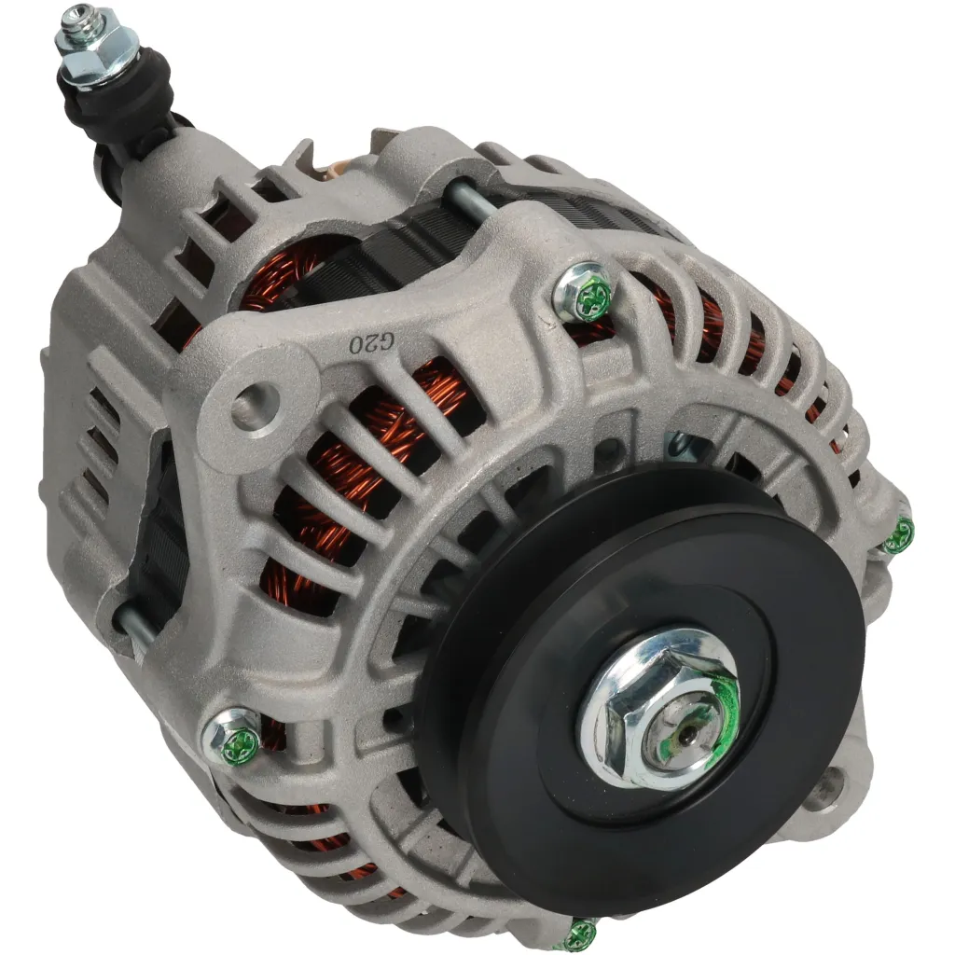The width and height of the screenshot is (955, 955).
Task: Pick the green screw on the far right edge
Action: (899, 535)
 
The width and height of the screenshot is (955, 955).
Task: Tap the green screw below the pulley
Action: (580, 933)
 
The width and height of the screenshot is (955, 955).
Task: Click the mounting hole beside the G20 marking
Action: (250, 407)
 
